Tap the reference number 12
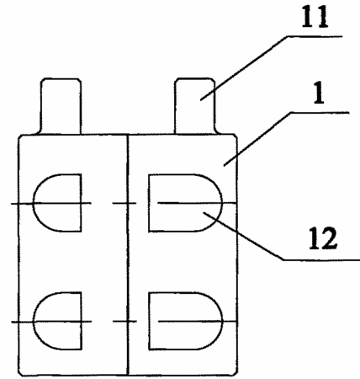(x=323, y=238)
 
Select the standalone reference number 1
(x=319, y=94)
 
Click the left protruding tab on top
(x=61, y=106)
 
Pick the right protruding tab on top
(x=195, y=106)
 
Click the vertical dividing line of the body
(x=128, y=255)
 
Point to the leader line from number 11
(x=244, y=68)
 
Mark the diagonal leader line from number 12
(x=243, y=236)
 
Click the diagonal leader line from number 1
(x=257, y=139)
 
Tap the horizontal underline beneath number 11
(x=315, y=36)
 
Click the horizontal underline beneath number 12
(x=321, y=260)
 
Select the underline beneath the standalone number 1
(x=320, y=113)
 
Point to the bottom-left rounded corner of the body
(x=20, y=373)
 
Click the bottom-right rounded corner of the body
(x=236, y=373)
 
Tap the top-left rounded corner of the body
(x=20, y=137)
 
